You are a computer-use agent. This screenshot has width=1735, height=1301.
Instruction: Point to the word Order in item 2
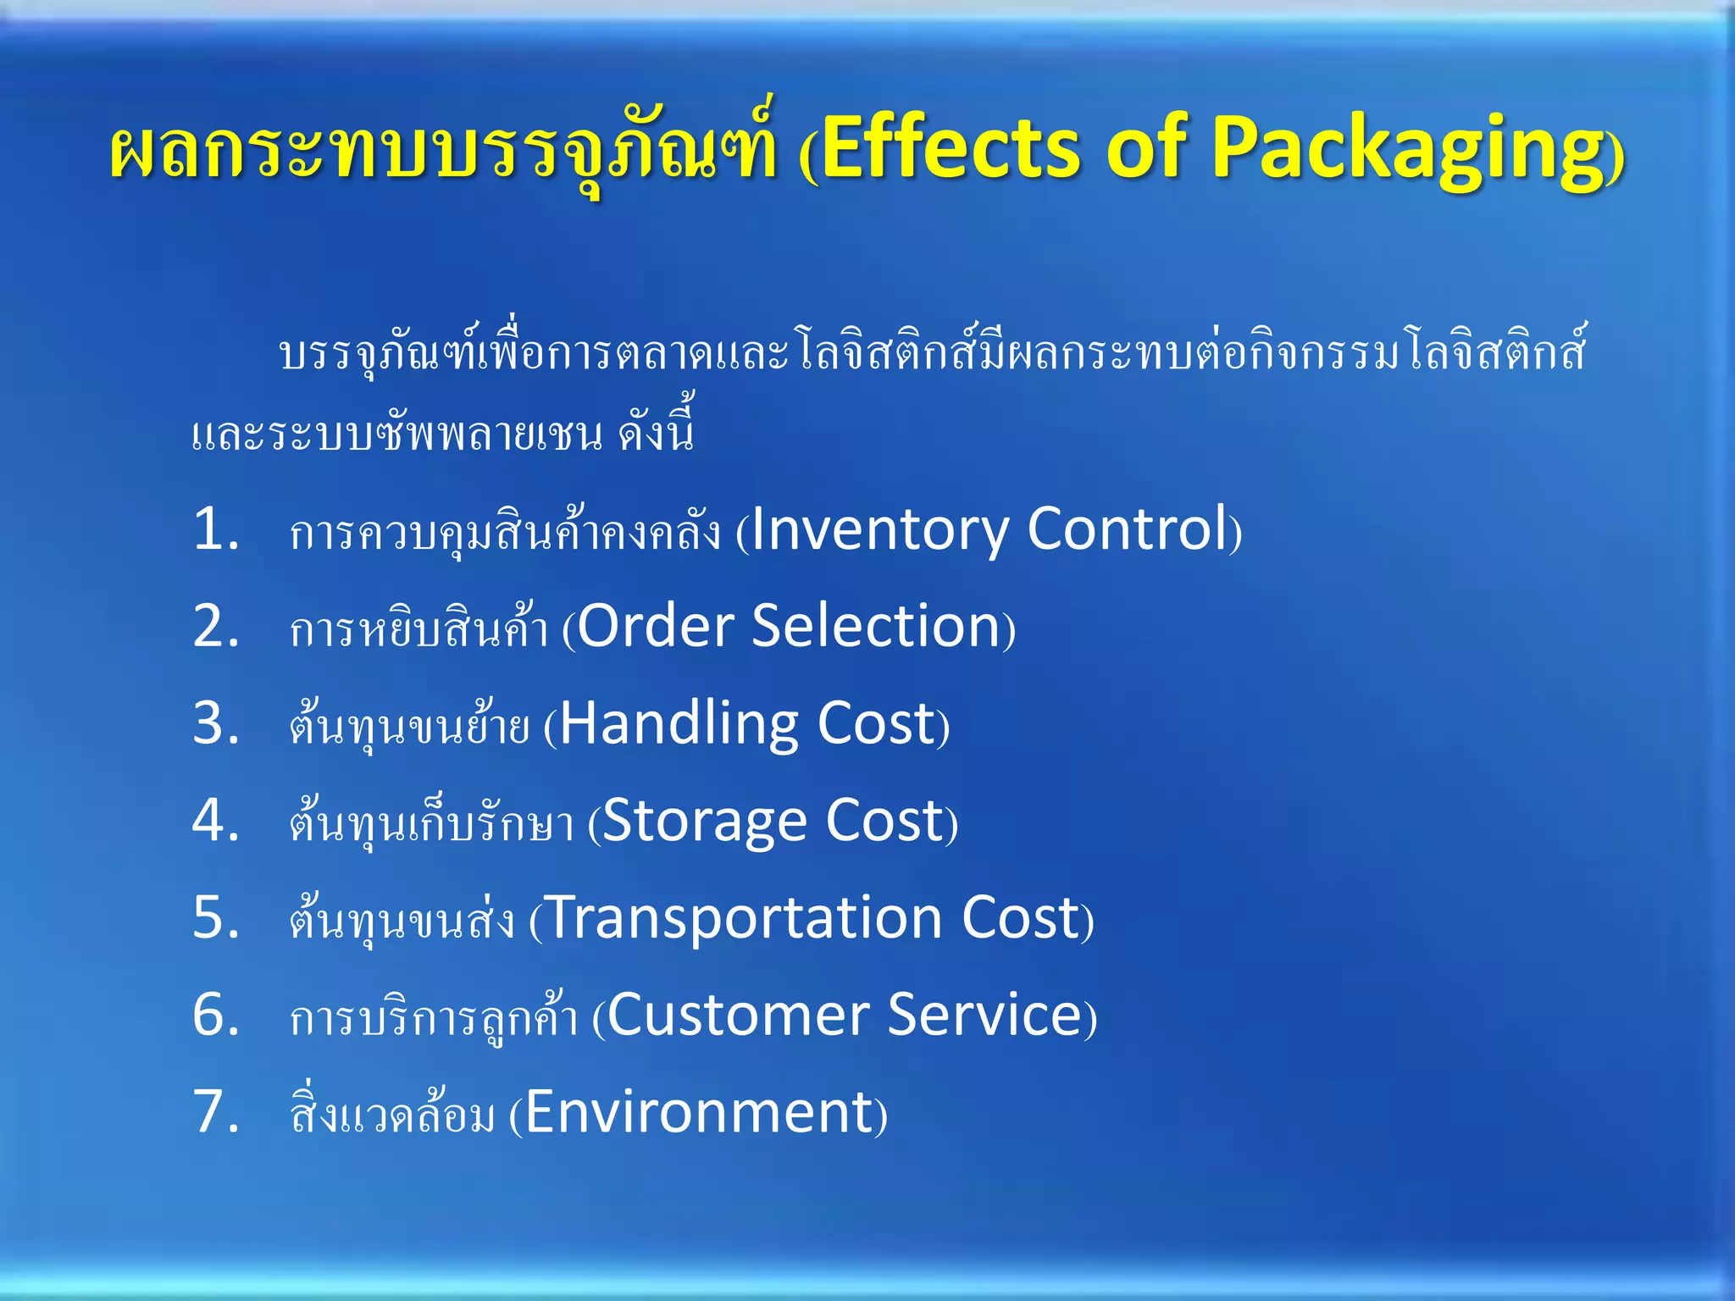point(656,627)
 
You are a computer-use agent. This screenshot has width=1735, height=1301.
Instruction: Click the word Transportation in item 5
point(746,918)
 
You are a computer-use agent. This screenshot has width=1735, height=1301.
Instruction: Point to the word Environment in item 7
point(700,1112)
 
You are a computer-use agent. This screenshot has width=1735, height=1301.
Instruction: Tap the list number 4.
point(215,821)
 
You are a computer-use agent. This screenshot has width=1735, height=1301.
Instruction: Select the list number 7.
point(215,1112)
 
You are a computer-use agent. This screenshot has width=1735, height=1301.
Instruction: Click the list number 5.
point(215,918)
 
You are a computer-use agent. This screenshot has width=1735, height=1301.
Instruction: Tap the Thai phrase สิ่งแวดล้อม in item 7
point(392,1112)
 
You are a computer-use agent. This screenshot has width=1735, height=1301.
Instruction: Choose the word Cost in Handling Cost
point(876,724)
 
